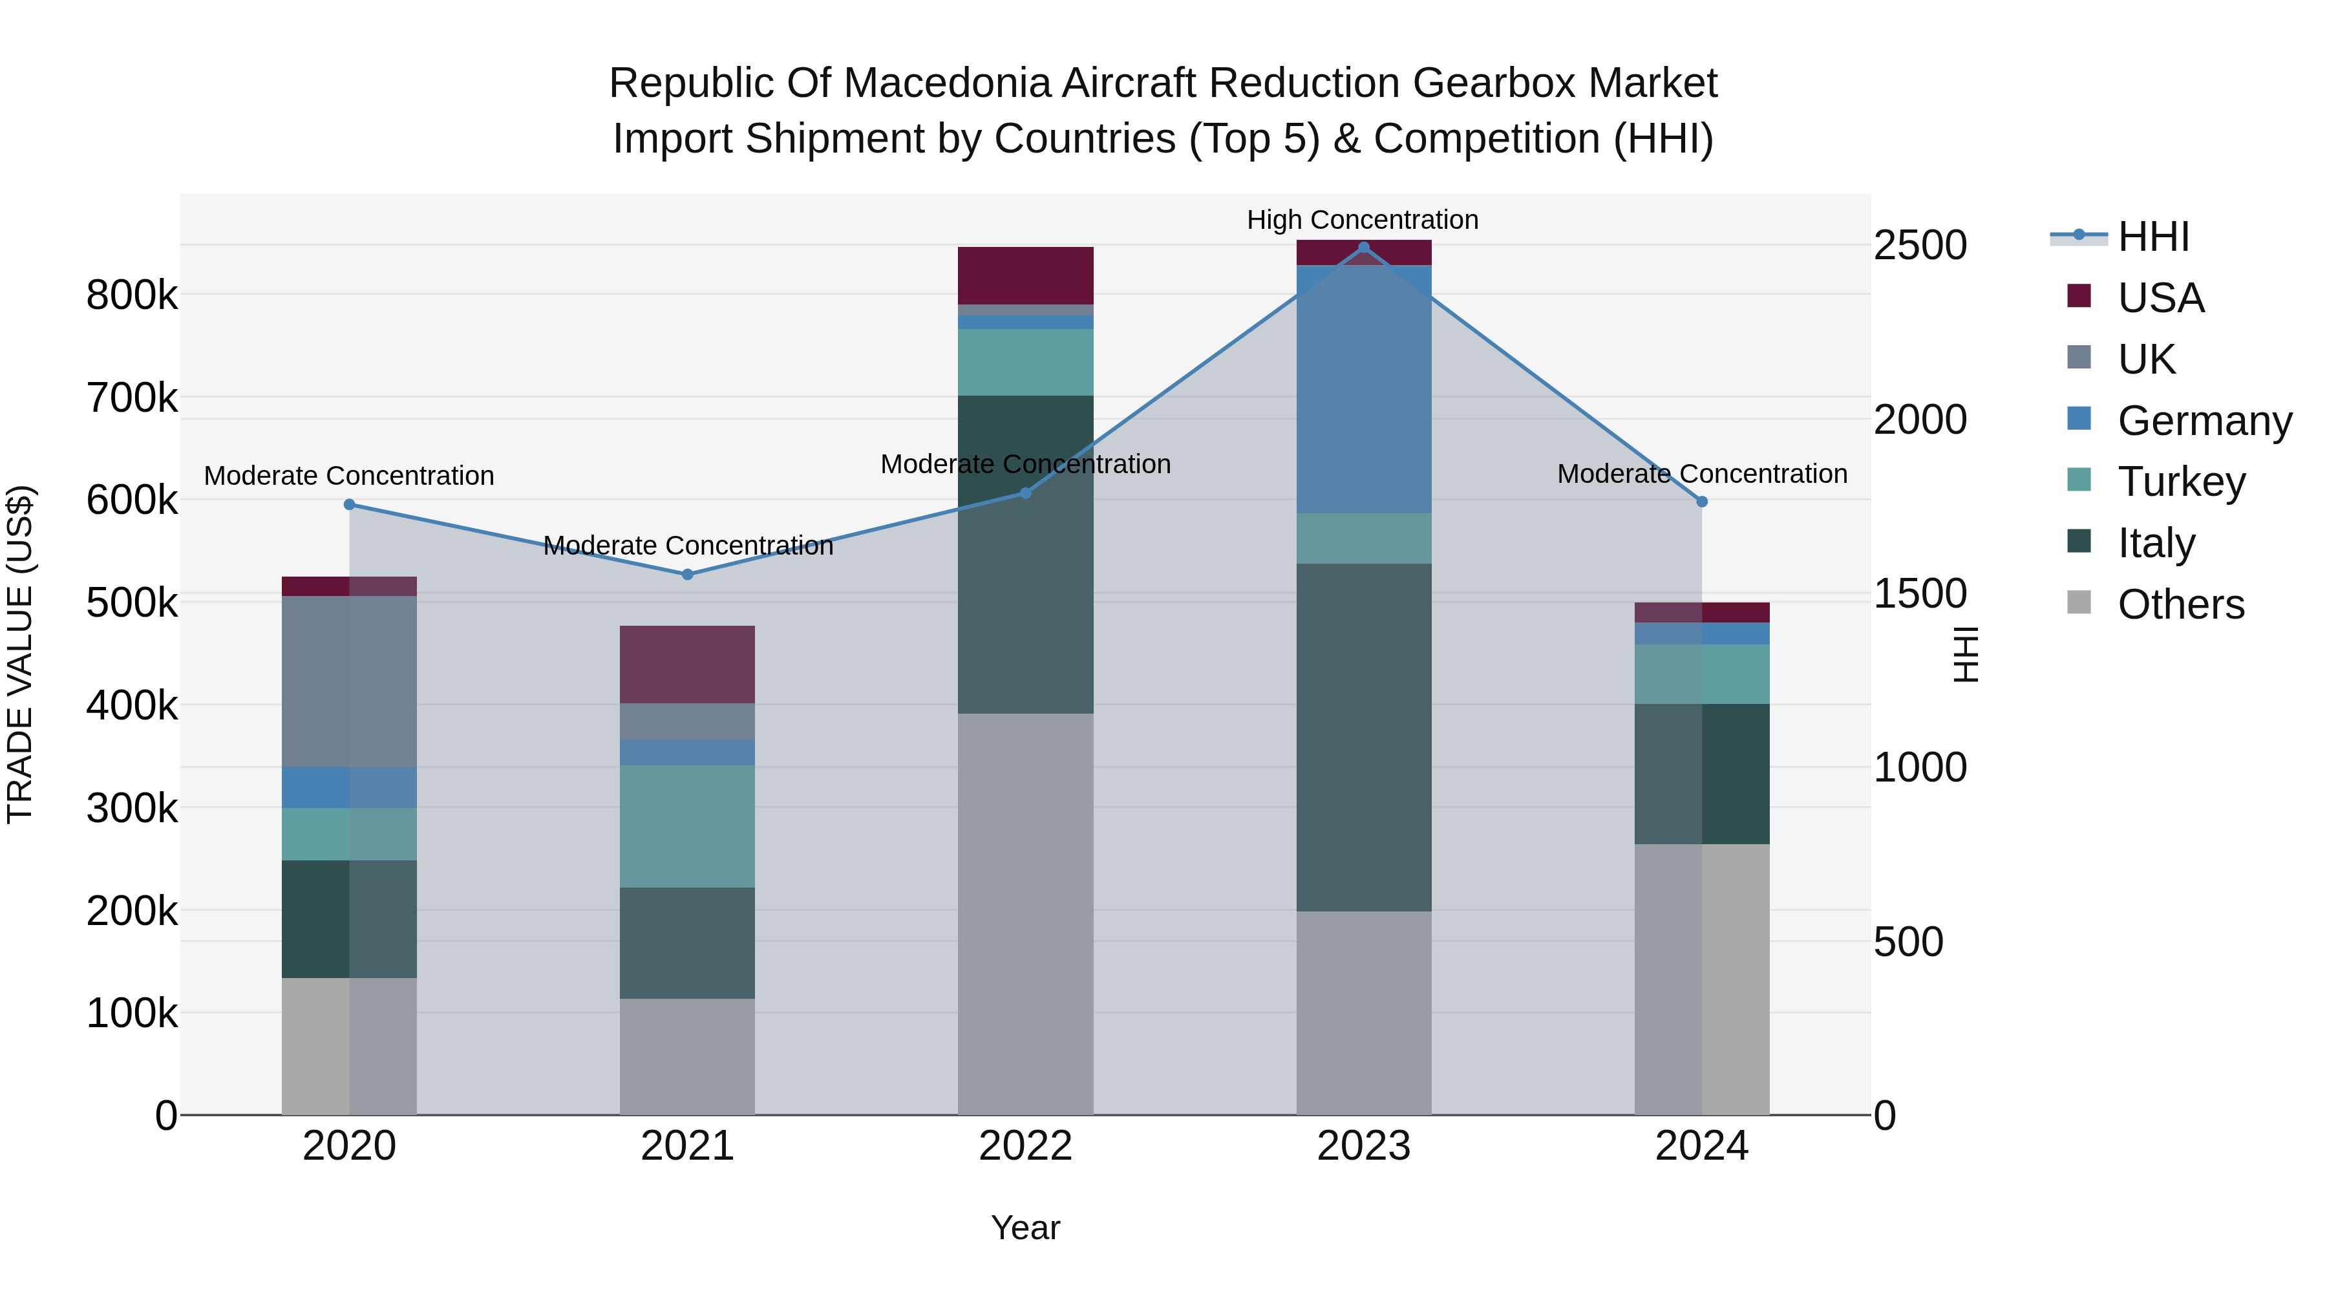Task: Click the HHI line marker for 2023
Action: (1363, 248)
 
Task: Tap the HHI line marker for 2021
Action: (688, 575)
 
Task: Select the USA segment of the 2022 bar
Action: (1025, 275)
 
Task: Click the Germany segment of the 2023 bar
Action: (1363, 389)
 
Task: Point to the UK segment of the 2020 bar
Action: (350, 681)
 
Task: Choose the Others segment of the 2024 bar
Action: (1702, 979)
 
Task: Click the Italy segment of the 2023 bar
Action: (1363, 737)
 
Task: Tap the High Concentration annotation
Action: (1362, 220)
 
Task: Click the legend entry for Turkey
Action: (2181, 482)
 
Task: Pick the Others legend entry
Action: (2181, 604)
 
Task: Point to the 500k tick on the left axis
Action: (132, 602)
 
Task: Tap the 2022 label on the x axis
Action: (1025, 1146)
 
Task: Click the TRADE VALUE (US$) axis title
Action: (20, 654)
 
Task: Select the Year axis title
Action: (1025, 1228)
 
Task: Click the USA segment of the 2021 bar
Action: (688, 664)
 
